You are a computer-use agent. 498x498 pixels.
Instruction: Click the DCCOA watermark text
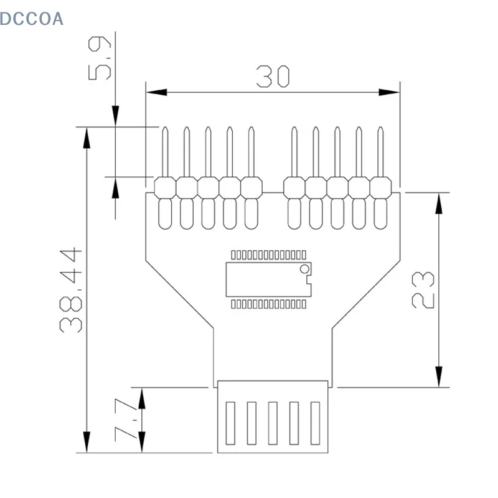(32, 19)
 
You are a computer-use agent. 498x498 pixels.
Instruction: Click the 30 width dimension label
(273, 77)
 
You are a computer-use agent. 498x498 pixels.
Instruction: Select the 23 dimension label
(424, 289)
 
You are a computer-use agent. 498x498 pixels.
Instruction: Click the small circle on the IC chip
(304, 269)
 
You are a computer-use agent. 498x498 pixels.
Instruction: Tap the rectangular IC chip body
(268, 279)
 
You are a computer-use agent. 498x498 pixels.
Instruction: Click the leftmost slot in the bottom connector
(230, 423)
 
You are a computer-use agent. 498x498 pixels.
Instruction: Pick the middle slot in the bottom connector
(273, 423)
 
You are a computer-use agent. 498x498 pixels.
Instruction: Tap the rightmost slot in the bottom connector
(315, 423)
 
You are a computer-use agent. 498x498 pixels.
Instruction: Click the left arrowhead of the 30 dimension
(156, 93)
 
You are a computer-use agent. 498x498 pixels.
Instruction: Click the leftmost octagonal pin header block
(165, 187)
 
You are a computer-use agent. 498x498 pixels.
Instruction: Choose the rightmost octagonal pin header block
(380, 187)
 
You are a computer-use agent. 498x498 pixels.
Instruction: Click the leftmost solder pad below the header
(165, 213)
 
